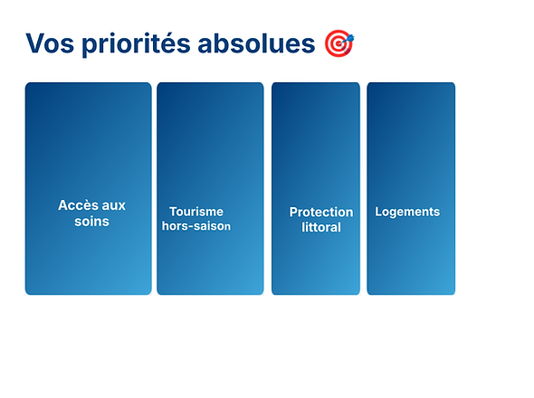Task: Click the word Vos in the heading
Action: coord(50,43)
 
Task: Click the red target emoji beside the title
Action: coord(339,43)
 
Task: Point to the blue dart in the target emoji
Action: coord(349,37)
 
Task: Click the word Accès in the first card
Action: coord(77,205)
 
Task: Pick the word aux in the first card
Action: coord(113,205)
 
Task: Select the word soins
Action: coord(91,221)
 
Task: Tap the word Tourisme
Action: coord(195,212)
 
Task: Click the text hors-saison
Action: coord(196,226)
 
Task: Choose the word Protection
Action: coord(320,212)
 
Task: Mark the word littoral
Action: coord(320,227)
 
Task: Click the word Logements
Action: coord(407,212)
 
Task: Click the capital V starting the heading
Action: coord(34,43)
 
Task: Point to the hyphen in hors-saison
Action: coord(188,227)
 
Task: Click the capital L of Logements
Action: coord(378,212)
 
